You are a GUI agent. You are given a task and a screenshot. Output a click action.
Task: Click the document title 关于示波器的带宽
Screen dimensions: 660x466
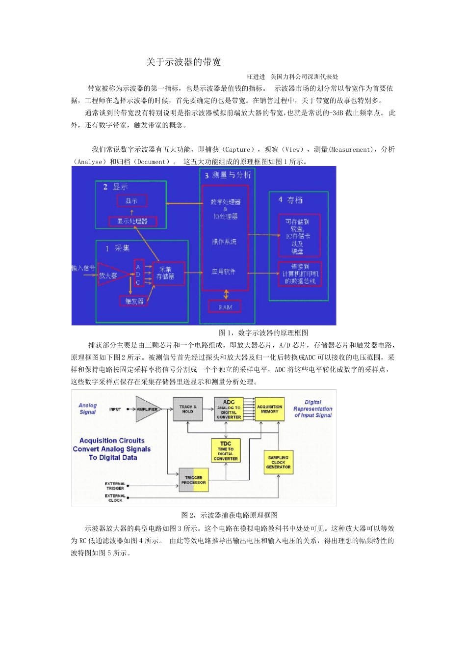[183, 62]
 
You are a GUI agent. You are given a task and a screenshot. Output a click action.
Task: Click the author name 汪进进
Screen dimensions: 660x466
[256, 77]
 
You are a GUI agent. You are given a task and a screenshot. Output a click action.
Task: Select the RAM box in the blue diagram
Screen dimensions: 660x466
[225, 307]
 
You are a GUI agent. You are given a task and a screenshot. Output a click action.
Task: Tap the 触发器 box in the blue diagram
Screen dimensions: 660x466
[134, 301]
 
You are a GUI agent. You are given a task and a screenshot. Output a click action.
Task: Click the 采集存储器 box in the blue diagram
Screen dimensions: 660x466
[168, 274]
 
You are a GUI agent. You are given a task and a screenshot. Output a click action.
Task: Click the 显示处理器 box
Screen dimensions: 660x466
[132, 221]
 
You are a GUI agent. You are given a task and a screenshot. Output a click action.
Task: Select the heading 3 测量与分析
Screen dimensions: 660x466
[228, 175]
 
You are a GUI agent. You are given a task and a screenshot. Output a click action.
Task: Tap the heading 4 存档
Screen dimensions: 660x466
[290, 199]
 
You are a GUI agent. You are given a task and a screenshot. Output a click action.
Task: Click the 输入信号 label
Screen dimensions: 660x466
[83, 268]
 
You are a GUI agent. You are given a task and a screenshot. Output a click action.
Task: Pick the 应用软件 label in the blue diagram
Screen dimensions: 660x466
[224, 272]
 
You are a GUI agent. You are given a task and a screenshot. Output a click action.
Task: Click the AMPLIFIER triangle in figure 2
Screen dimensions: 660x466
[147, 409]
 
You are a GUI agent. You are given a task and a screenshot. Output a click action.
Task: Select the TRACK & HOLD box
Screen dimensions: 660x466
[187, 409]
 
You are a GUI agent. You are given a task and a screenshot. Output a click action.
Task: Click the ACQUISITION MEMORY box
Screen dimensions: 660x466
[269, 409]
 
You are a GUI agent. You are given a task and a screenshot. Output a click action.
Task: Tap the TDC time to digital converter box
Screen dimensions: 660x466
[226, 450]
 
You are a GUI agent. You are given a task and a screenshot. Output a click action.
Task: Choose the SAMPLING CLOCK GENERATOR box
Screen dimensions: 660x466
[278, 462]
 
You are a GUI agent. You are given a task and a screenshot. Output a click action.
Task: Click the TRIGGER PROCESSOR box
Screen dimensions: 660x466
[194, 480]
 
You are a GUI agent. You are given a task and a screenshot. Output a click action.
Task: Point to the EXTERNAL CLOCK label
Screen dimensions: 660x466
[115, 498]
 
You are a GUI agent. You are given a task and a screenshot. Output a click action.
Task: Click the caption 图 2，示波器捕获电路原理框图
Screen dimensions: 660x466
[230, 515]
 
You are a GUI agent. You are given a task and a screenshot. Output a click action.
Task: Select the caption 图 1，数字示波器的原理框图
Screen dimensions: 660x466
[263, 333]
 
